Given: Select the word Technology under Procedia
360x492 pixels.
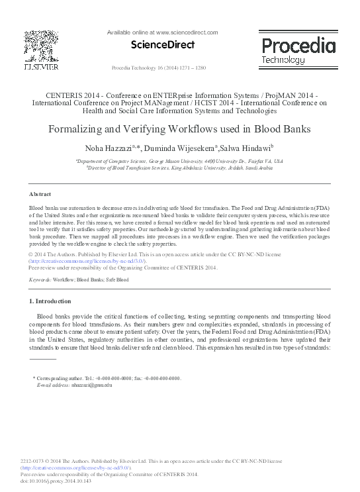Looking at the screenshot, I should pyautogui.click(x=283, y=60).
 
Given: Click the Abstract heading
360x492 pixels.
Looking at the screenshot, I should pyautogui.click(x=41, y=194).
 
